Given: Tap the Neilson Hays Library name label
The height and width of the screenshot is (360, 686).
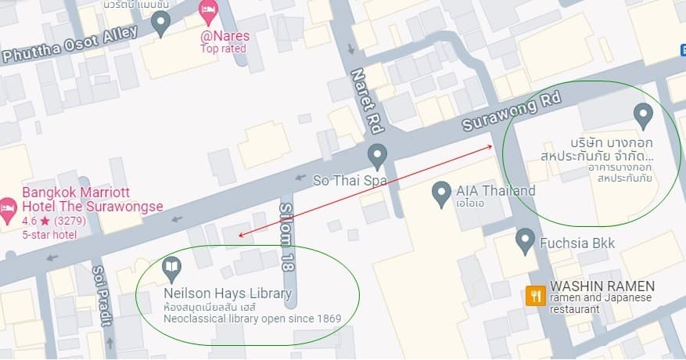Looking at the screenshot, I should click(228, 294).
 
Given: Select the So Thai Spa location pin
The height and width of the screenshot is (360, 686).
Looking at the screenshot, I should click(378, 155).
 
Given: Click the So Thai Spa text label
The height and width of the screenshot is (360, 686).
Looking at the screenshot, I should click(350, 179).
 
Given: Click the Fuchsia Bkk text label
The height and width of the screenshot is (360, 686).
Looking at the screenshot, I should click(577, 243).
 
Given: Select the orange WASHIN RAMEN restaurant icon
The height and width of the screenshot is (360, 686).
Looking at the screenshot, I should click(536, 295).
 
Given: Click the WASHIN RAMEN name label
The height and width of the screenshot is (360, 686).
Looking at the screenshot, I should click(602, 286).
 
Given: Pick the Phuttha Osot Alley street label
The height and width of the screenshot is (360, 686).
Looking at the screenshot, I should click(70, 45).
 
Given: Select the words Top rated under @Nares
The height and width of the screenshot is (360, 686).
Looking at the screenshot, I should click(223, 49).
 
